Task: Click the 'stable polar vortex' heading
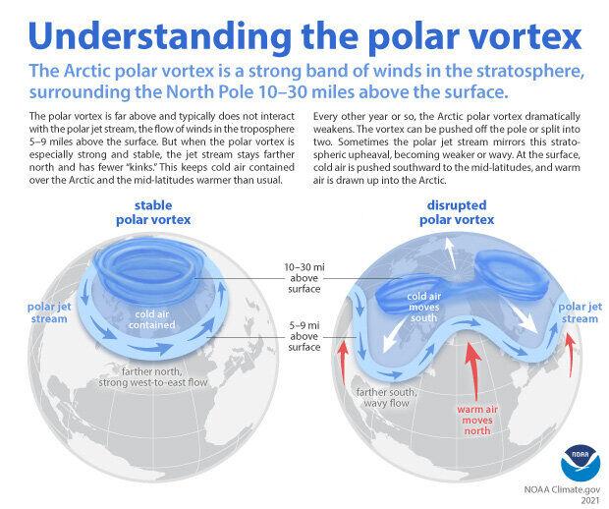(x=153, y=212)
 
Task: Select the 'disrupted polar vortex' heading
(x=457, y=212)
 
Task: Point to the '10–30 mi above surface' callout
(x=304, y=278)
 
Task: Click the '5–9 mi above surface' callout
(x=304, y=336)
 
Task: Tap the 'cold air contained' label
(x=152, y=319)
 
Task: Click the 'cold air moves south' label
(x=423, y=307)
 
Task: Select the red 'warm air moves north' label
(x=477, y=420)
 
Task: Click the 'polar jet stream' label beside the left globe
(x=49, y=312)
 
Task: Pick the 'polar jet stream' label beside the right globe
(x=580, y=312)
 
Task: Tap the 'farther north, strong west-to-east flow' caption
(x=152, y=377)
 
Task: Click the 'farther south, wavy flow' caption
(x=386, y=398)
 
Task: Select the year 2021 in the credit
(x=590, y=501)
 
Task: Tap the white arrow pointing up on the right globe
(x=451, y=253)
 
